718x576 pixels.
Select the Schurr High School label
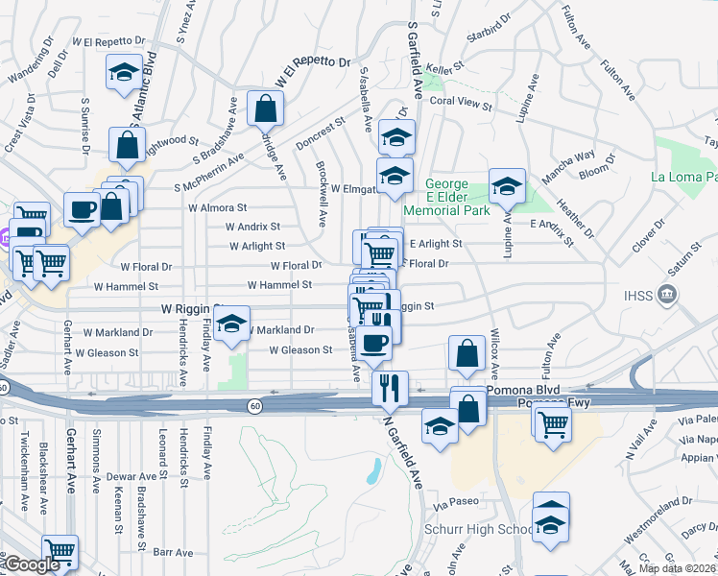[x=478, y=530]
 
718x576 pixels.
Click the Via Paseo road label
[x=455, y=503]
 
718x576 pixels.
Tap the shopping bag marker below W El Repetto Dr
[x=265, y=109]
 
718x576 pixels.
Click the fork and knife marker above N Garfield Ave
[x=390, y=388]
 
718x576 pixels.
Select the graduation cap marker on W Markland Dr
[x=231, y=325]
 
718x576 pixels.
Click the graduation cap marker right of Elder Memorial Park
[x=507, y=185]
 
